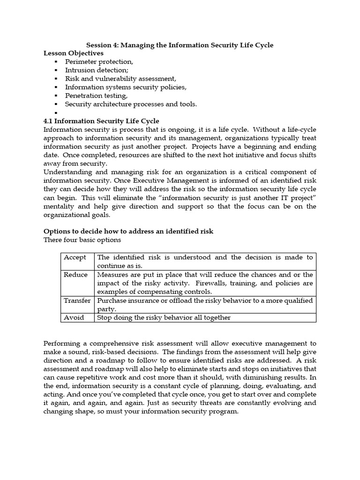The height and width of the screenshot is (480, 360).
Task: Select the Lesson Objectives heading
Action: point(74,53)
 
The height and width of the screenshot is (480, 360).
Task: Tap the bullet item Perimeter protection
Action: point(99,62)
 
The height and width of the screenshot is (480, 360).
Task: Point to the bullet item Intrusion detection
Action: point(96,70)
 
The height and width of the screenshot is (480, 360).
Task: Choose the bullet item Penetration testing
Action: point(96,96)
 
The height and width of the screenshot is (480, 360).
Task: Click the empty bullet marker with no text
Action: point(56,113)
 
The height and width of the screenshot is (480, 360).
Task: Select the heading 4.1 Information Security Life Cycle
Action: point(101,121)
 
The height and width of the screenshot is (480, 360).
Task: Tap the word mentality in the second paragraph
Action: point(59,206)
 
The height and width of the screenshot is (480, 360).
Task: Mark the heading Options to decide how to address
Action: point(128,232)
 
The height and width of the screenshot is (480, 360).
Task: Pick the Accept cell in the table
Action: point(75,257)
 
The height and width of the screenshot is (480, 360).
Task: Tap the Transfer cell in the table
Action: point(77,300)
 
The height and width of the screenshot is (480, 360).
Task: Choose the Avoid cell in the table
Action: point(74,317)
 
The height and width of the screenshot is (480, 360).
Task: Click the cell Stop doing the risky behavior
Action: point(164,317)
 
